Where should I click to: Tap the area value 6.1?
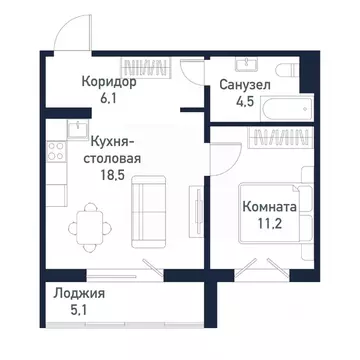[x=82, y=99]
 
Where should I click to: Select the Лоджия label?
[x=82, y=295]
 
